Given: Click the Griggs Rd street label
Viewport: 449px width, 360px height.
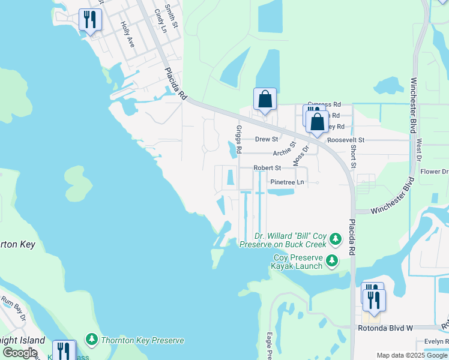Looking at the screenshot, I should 238,139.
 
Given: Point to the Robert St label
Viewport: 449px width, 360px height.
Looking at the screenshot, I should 267,169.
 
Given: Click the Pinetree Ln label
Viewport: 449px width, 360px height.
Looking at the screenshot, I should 287,182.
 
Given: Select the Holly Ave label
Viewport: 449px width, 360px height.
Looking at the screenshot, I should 127,35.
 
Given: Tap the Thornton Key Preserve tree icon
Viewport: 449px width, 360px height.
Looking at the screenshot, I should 92,340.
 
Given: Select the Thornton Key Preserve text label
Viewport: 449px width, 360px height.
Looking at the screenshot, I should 142,341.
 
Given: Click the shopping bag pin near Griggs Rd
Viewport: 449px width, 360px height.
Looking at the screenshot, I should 265,100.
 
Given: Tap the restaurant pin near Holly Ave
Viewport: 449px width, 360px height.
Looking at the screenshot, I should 90,20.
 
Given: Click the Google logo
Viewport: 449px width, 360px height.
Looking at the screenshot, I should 20,353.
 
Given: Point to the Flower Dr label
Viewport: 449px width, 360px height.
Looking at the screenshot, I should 433,172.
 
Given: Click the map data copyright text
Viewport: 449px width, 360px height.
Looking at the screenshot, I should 412,355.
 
